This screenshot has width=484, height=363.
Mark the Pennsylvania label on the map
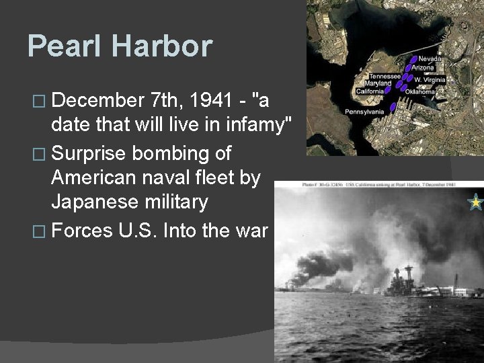(x=364, y=111)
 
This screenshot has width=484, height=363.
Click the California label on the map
(x=370, y=91)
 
